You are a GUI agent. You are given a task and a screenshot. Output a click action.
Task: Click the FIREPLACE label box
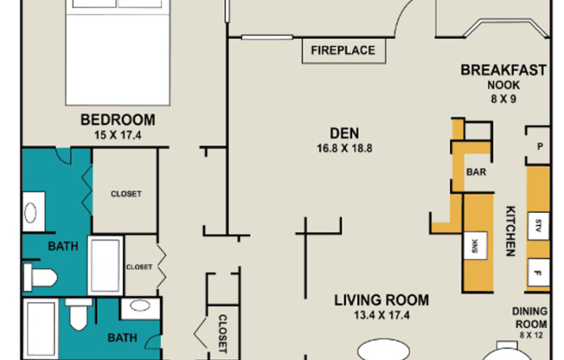point(343,51)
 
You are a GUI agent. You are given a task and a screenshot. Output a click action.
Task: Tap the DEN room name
point(344,133)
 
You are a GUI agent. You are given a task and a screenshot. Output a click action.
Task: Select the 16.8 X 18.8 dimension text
point(344,148)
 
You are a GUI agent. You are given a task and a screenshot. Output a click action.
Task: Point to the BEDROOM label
point(118,120)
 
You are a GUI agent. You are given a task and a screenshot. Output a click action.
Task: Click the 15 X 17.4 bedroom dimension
point(118,135)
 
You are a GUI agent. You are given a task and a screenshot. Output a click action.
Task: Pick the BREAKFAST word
point(503,70)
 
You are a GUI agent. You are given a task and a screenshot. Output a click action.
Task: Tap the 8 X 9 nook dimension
point(503,99)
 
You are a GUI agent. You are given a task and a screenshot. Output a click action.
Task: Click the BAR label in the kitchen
point(477,172)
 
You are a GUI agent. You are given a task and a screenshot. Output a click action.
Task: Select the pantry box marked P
point(538,146)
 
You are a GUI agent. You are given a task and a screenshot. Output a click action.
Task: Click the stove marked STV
point(538,226)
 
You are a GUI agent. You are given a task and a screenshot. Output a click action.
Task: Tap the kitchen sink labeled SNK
point(475,246)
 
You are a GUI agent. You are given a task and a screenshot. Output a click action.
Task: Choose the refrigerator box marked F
point(538,273)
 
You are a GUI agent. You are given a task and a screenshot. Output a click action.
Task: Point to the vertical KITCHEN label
point(510,231)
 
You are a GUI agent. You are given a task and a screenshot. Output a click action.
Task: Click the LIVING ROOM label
point(381,300)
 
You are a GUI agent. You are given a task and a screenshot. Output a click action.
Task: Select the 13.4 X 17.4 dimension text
point(381,315)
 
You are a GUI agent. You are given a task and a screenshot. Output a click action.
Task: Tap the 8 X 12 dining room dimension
point(531,335)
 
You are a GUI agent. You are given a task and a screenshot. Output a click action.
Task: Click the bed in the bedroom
point(118,53)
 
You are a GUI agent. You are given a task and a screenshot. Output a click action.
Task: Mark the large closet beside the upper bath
point(125,190)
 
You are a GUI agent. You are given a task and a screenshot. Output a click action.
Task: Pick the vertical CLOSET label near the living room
point(222,334)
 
